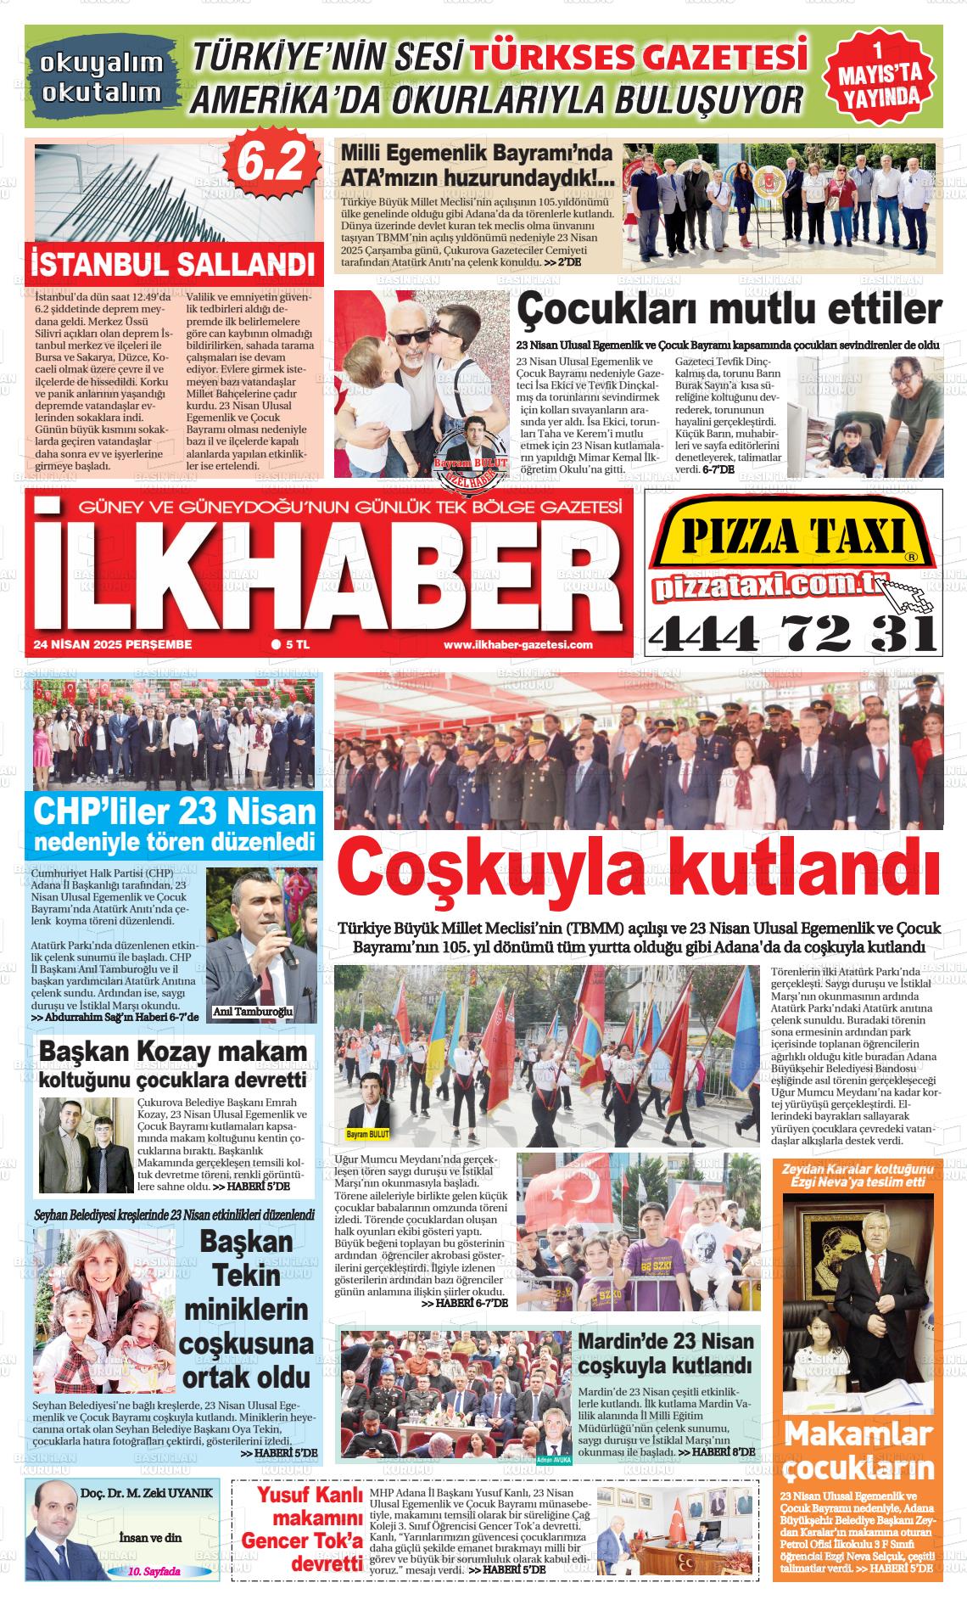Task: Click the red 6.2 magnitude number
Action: coord(270,160)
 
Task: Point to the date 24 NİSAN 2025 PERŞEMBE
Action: coord(113,645)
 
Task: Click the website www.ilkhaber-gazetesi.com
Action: coord(517,645)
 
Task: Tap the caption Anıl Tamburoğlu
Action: coord(252,1013)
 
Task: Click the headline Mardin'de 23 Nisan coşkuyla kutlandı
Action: coord(665,1353)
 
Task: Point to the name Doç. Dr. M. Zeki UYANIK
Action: coord(147,1493)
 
